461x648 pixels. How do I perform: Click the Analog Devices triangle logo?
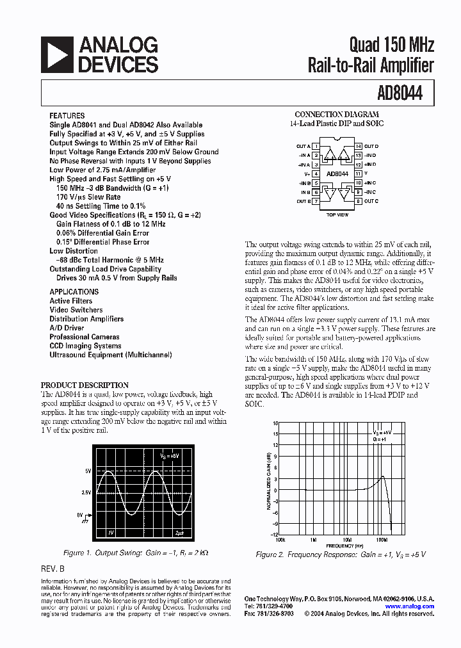(57, 54)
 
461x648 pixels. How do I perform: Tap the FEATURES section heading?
(67, 116)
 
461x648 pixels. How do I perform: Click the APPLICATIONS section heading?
(74, 292)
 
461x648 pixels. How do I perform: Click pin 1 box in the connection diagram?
(316, 147)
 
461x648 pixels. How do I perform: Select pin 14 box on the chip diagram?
(359, 147)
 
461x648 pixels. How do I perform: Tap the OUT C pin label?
(371, 201)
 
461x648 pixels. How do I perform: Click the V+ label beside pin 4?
(307, 174)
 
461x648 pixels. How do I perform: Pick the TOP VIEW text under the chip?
(337, 215)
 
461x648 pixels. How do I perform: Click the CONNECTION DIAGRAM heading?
(337, 115)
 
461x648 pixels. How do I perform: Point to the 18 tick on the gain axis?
(275, 424)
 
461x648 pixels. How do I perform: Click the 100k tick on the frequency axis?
(280, 540)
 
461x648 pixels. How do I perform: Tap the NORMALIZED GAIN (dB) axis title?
(268, 480)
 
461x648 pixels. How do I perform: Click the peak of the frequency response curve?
(382, 476)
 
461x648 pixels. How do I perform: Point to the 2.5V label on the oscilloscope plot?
(86, 492)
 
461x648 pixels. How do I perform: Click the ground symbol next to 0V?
(85, 521)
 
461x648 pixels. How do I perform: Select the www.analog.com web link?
(410, 606)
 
